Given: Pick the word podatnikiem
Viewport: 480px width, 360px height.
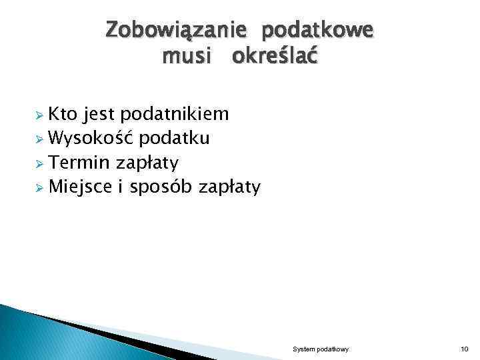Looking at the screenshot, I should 175,114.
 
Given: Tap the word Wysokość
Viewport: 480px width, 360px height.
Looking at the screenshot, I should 93,138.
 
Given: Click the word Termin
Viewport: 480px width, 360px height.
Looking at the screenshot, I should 80,162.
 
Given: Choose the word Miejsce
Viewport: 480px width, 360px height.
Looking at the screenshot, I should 81,186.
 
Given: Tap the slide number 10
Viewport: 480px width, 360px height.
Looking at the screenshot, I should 464,349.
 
